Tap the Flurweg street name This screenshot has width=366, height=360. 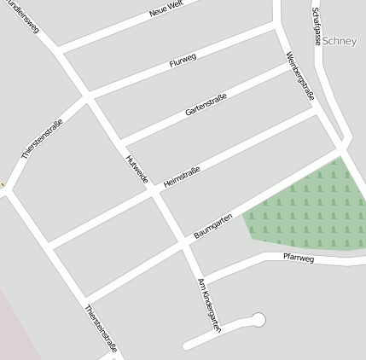point(183,61)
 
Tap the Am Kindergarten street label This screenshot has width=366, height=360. point(209,304)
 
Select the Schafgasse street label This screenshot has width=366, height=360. point(317,26)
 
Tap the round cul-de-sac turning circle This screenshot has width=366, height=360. point(259,320)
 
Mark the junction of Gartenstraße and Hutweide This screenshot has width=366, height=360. point(120,141)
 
